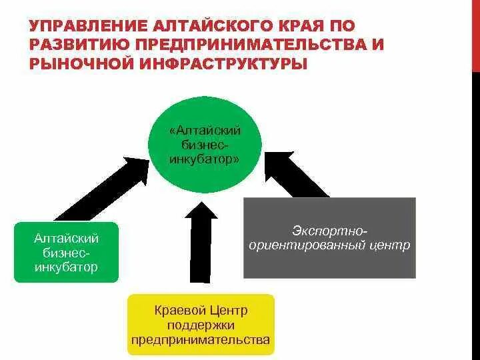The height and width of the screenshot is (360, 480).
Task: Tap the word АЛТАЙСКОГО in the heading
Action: [x=209, y=27]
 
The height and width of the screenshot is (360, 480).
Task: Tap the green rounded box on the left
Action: [x=66, y=253]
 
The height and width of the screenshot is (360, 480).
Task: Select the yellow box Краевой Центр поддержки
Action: [x=200, y=324]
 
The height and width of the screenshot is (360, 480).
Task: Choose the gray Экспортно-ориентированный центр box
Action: [x=329, y=238]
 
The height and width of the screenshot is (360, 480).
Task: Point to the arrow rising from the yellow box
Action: [x=200, y=247]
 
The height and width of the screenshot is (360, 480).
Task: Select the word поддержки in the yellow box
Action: [x=200, y=325]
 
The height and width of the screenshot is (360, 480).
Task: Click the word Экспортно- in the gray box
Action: [x=329, y=230]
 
